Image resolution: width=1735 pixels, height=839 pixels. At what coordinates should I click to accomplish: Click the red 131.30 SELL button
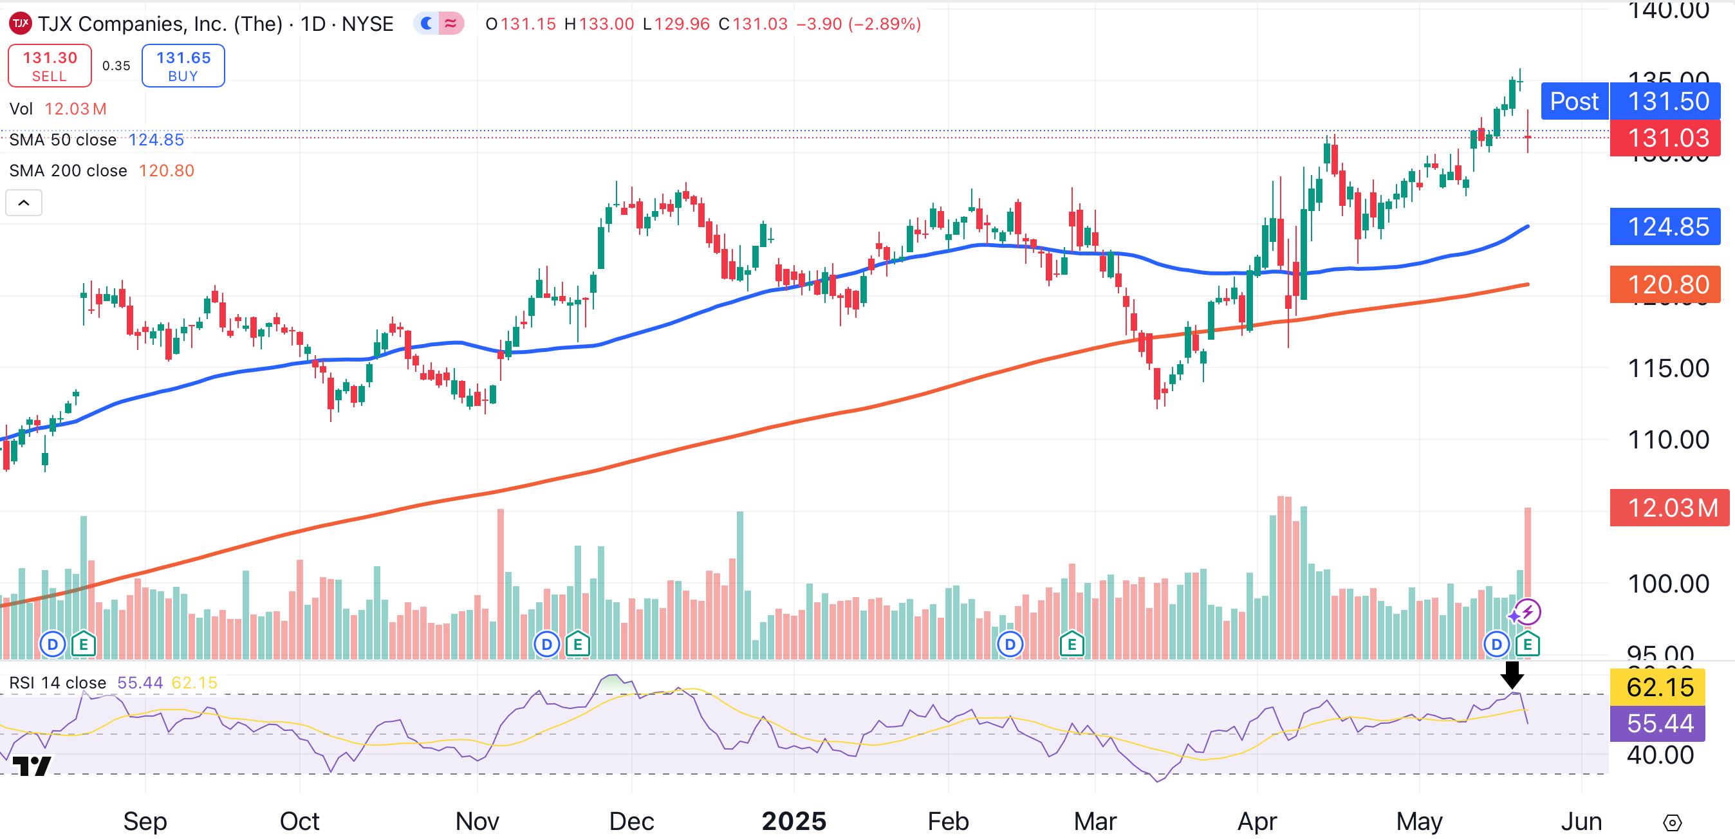50,66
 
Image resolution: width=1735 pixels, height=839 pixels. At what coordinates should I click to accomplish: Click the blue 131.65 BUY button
183,66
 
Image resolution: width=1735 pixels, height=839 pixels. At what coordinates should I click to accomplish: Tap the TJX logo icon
20,24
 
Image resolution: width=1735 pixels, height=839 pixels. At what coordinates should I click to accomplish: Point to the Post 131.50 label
1630,101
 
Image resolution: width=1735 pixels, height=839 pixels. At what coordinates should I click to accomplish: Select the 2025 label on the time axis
793,821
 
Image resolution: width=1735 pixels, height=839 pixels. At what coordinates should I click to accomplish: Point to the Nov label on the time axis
477,821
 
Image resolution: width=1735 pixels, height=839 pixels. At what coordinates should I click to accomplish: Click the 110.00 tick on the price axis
1667,439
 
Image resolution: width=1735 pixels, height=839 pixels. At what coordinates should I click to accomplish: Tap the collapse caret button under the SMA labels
24,203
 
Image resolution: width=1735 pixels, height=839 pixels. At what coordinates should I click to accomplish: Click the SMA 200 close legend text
68,171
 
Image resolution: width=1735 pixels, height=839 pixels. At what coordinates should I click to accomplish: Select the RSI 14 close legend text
58,683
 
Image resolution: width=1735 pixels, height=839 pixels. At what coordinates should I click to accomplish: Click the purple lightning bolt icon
1528,611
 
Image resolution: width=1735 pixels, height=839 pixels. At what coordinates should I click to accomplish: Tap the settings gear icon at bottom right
1672,822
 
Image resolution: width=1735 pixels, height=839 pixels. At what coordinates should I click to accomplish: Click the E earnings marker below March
1072,645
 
